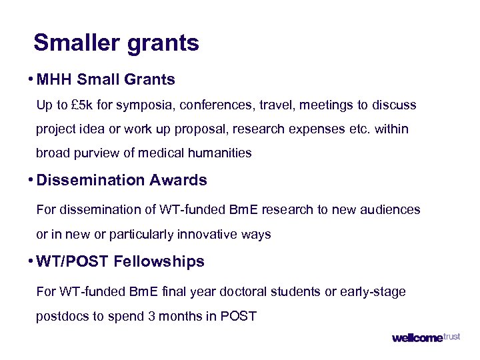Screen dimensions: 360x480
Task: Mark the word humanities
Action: pos(220,153)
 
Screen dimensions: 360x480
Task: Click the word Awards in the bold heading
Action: pos(178,180)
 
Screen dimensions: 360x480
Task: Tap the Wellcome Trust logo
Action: pos(425,337)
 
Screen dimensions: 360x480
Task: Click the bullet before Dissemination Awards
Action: pos(31,180)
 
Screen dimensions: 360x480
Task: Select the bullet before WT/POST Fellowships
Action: pos(31,261)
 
